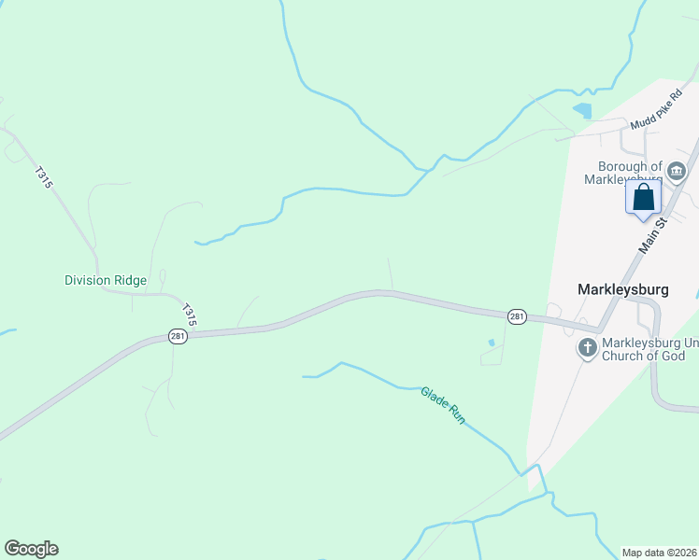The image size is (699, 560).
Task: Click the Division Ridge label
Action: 106,280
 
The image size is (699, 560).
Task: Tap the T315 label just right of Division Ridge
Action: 190,315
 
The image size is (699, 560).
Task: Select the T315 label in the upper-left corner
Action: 42,177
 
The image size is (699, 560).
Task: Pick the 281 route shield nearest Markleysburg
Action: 517,317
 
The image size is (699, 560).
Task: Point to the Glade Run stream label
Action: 442,406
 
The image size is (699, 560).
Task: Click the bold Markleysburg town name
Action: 623,289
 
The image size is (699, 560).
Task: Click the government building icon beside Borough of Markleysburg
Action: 677,172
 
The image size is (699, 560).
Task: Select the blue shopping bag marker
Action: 643,197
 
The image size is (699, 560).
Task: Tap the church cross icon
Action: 587,348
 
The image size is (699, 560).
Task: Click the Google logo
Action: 31,549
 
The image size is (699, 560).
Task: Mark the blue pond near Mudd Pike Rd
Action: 583,110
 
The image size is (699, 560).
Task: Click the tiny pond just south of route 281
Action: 492,343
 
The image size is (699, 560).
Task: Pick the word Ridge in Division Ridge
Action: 130,280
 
